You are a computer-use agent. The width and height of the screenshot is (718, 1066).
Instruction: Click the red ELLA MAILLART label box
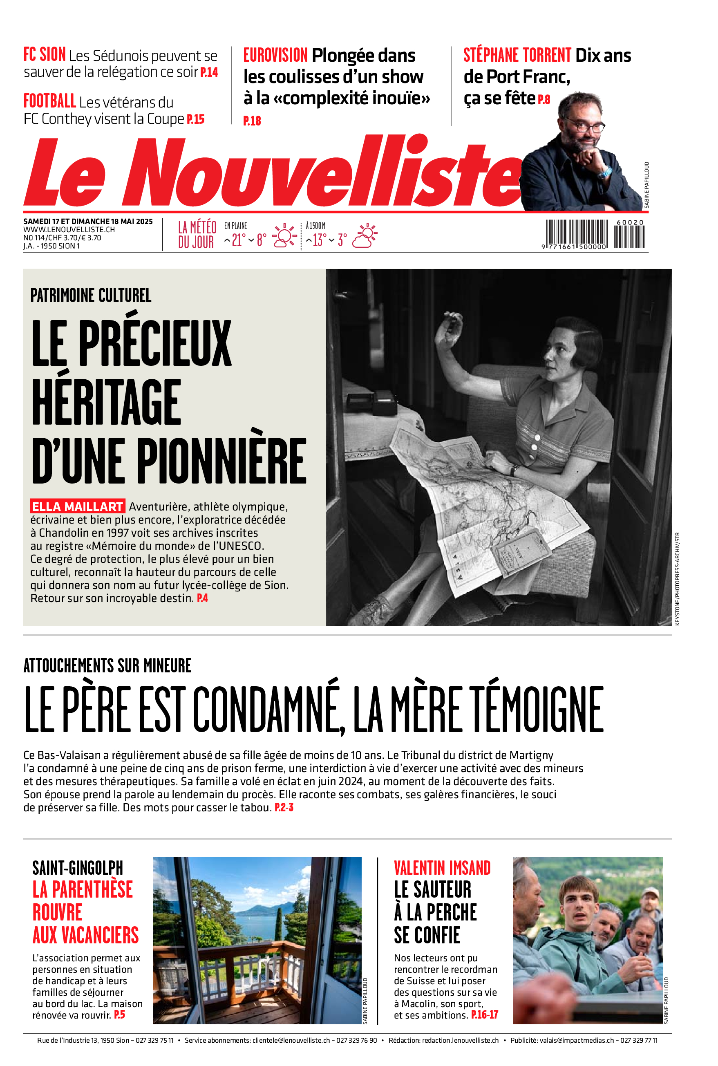77,506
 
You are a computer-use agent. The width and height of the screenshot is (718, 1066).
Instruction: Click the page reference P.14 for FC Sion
209,72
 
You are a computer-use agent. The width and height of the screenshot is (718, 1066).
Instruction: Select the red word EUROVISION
275,56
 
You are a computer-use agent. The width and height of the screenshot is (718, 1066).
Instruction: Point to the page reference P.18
252,121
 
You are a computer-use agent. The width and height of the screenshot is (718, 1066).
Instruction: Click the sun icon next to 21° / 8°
284,236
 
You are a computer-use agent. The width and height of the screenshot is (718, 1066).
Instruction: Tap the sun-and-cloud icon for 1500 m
365,236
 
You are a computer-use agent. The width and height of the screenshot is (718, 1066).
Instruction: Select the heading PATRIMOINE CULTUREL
91,296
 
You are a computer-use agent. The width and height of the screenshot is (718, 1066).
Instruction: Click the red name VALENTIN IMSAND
442,868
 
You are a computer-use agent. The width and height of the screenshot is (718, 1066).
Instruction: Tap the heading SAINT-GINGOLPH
77,868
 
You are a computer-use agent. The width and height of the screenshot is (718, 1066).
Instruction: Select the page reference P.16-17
485,1015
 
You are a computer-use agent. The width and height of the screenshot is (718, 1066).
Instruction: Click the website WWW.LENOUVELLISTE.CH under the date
69,229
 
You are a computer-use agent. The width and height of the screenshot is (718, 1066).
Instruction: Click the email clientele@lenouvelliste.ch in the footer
291,1040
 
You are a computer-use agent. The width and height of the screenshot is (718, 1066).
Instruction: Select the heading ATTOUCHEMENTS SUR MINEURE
107,666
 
